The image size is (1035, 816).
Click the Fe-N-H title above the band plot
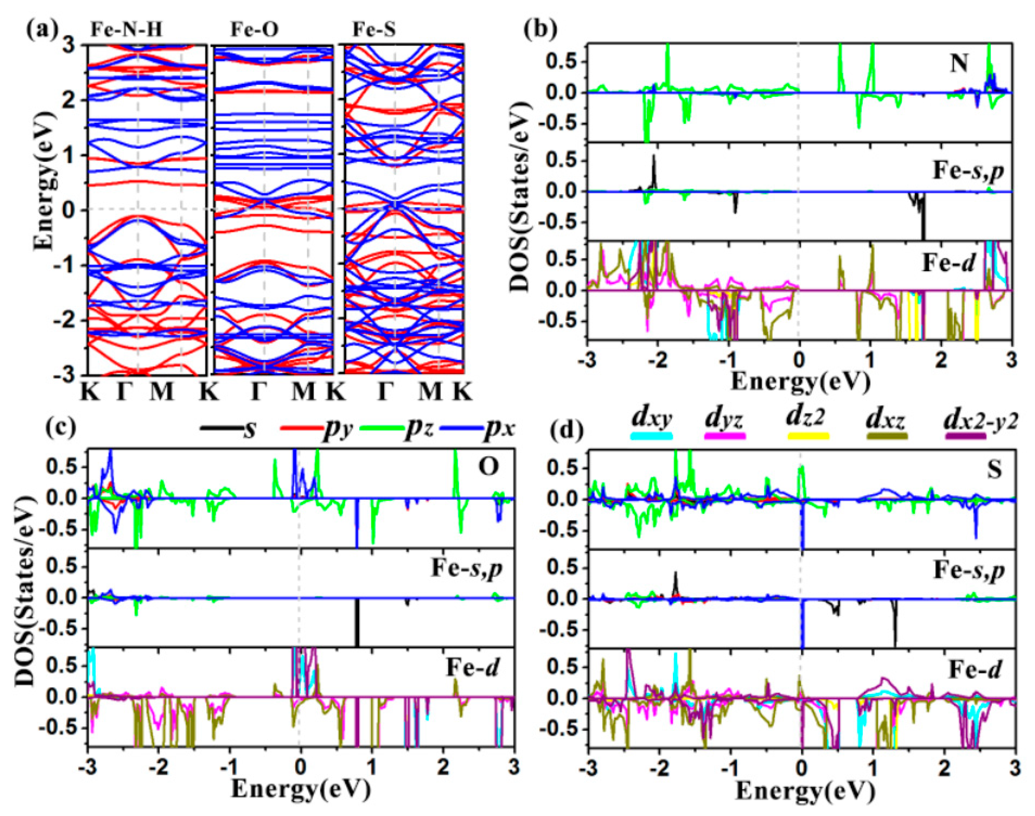click(127, 30)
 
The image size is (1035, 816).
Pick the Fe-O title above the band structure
click(255, 30)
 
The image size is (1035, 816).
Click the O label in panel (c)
click(488, 467)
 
